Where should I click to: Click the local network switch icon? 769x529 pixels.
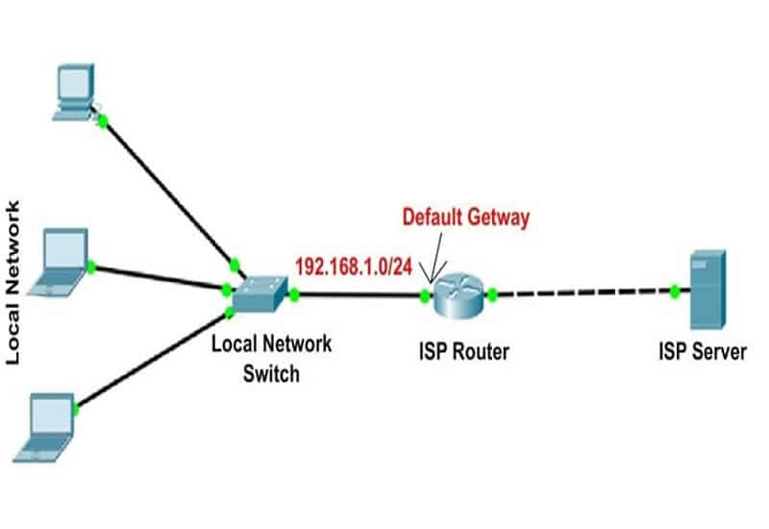tap(259, 296)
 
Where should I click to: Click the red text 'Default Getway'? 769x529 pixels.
tap(465, 217)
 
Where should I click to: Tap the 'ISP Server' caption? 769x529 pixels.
tap(702, 351)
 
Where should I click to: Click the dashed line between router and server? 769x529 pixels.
tap(582, 291)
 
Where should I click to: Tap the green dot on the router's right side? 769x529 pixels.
tap(491, 294)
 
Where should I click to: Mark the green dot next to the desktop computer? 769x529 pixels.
tap(102, 120)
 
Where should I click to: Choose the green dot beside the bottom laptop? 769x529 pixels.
tap(76, 408)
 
